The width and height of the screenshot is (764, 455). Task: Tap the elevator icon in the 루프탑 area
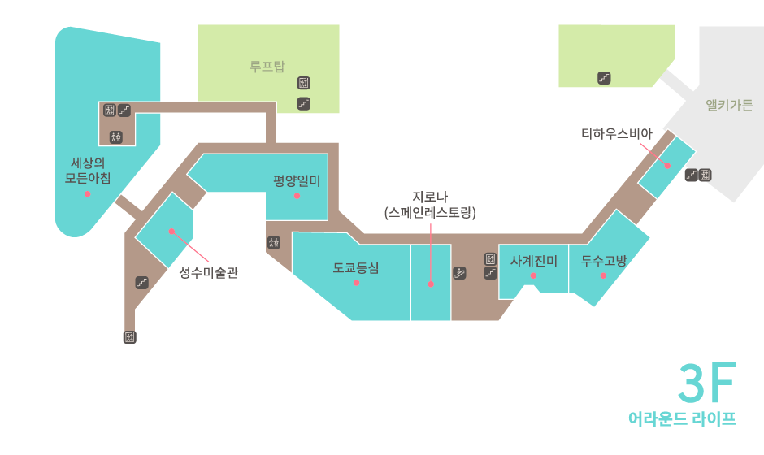(304, 83)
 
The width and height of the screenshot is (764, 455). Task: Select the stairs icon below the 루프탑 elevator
(304, 103)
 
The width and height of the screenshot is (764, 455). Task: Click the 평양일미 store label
(297, 180)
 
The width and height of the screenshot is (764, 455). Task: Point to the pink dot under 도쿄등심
(356, 283)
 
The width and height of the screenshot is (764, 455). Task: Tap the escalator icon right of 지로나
(460, 273)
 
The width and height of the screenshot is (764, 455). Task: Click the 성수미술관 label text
(208, 273)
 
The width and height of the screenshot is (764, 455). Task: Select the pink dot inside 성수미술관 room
(171, 232)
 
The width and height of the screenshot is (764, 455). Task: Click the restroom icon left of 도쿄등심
(273, 242)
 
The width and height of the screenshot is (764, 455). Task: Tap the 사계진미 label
(533, 261)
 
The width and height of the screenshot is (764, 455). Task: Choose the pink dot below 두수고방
(603, 276)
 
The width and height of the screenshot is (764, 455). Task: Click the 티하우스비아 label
(616, 133)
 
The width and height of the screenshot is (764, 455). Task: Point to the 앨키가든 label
(729, 105)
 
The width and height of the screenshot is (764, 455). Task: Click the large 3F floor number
(706, 383)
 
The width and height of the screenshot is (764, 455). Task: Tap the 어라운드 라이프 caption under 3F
(682, 419)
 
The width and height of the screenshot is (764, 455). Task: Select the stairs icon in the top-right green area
(604, 78)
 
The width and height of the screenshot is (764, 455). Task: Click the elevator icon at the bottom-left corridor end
(129, 336)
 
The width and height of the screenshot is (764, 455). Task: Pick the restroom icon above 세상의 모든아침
(116, 136)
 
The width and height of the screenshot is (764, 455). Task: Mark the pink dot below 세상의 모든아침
(87, 194)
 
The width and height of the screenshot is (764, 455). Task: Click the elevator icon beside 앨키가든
(705, 175)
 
